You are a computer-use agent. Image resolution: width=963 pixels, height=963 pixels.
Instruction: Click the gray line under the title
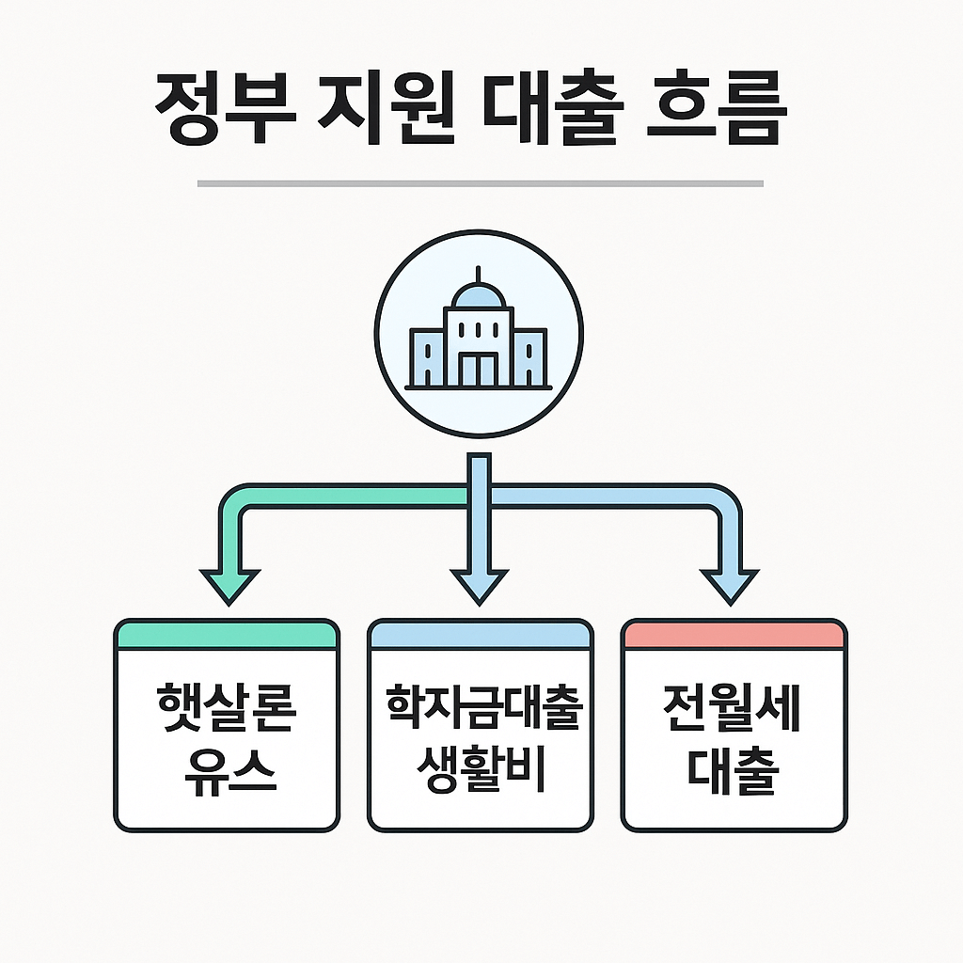pyautogui.click(x=480, y=184)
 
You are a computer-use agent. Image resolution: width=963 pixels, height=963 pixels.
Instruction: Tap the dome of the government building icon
pyautogui.click(x=479, y=297)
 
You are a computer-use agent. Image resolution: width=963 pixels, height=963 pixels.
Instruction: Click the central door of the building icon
pyautogui.click(x=479, y=369)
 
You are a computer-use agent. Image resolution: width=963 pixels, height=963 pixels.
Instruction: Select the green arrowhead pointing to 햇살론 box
pyautogui.click(x=230, y=585)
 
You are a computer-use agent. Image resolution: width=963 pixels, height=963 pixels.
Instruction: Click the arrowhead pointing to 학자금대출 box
pyautogui.click(x=480, y=585)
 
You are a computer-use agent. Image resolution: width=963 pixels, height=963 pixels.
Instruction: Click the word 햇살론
pyautogui.click(x=227, y=711)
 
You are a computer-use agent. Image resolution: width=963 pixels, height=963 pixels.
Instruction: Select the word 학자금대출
pyautogui.click(x=481, y=711)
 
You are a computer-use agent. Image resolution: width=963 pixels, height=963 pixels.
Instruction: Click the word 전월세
pyautogui.click(x=734, y=711)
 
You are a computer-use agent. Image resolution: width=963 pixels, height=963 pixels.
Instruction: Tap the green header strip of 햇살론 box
pyautogui.click(x=227, y=634)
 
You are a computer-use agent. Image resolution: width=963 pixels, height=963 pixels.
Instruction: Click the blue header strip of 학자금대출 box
pyautogui.click(x=481, y=634)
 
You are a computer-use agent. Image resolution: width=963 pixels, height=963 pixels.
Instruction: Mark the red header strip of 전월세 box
pyautogui.click(x=734, y=634)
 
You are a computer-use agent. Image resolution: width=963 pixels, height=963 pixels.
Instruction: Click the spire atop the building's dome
pyautogui.click(x=479, y=275)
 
